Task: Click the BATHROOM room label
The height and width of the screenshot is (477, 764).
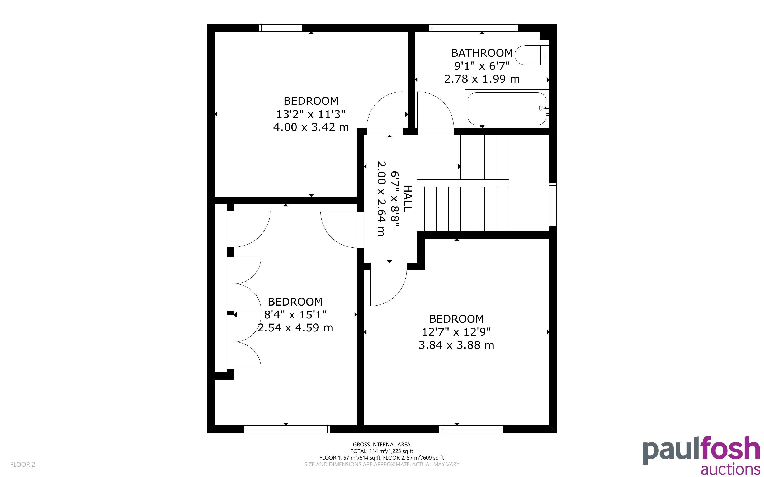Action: pyautogui.click(x=482, y=53)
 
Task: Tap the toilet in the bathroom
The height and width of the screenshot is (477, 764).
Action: pyautogui.click(x=532, y=55)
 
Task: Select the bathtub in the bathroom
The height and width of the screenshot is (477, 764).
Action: pyautogui.click(x=507, y=108)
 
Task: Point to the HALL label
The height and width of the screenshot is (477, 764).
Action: pyautogui.click(x=408, y=198)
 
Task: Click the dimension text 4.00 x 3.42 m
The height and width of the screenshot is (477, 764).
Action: pyautogui.click(x=311, y=127)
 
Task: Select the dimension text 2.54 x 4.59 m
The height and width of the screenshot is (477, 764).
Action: pyautogui.click(x=295, y=328)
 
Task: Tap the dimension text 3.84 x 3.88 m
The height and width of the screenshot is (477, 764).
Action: pyautogui.click(x=456, y=345)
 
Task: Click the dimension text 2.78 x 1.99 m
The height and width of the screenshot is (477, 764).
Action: pyautogui.click(x=482, y=79)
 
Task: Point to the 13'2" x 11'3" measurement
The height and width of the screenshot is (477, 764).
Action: pyautogui.click(x=311, y=114)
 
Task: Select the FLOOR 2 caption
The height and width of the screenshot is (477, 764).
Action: pyautogui.click(x=23, y=464)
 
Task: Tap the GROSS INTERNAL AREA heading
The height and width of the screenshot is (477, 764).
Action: pyautogui.click(x=381, y=445)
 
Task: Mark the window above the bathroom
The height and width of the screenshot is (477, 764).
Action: pyautogui.click(x=473, y=28)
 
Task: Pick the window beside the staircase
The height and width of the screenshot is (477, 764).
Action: pyautogui.click(x=553, y=204)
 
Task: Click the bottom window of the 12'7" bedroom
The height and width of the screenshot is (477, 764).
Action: pyautogui.click(x=471, y=429)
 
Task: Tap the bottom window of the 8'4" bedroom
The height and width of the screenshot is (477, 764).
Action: pyautogui.click(x=286, y=429)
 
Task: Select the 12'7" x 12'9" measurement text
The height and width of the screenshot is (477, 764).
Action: pyautogui.click(x=456, y=332)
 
